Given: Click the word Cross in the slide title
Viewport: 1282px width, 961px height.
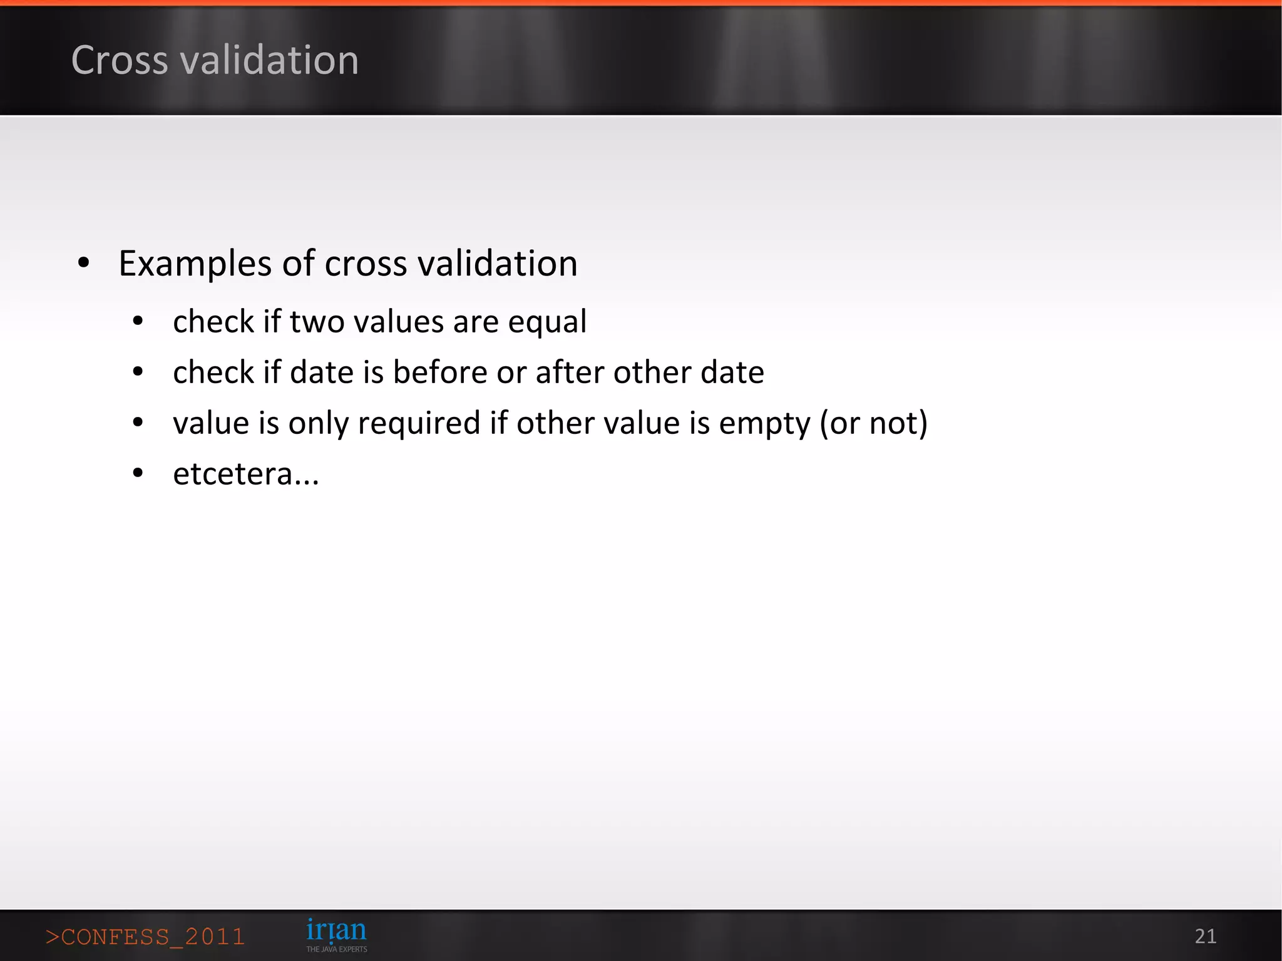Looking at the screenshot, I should (120, 61).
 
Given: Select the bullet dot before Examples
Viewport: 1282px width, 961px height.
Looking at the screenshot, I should (84, 264).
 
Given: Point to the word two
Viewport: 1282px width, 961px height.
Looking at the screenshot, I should (317, 322).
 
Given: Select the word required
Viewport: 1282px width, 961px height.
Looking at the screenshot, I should (419, 424).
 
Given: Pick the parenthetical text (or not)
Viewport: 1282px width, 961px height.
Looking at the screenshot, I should (874, 424).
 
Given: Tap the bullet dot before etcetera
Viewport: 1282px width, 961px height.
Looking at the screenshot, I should (138, 474).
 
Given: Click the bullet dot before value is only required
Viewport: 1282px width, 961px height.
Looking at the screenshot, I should (138, 423).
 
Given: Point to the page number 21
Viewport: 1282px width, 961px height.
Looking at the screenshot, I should (1205, 937).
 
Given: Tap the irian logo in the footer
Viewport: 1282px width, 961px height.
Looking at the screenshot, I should (336, 930).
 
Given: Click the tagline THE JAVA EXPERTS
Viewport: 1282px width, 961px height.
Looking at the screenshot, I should (336, 950).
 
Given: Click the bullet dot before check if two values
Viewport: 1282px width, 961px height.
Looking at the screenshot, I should (138, 322).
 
